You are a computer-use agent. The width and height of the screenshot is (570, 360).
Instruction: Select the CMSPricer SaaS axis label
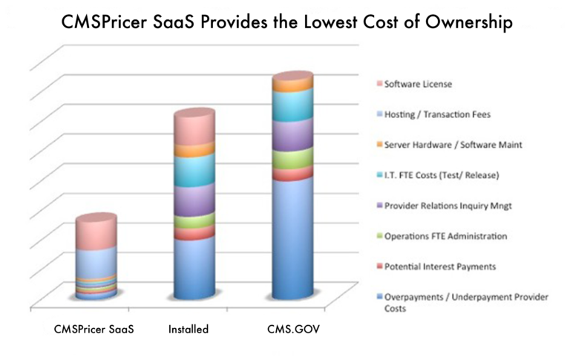point(94,328)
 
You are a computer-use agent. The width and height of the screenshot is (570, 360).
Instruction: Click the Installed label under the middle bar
point(188,328)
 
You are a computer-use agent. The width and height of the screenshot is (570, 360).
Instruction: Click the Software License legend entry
point(418,85)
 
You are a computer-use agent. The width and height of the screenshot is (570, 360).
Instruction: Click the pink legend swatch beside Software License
point(379,85)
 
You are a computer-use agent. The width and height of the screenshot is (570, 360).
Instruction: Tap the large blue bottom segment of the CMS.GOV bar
point(292,238)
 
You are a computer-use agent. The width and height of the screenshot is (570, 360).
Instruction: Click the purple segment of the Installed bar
point(194,200)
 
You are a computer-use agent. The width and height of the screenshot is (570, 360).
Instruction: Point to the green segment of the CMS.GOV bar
point(292,159)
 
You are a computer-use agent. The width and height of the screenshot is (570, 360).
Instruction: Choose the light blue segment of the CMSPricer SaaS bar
point(96,262)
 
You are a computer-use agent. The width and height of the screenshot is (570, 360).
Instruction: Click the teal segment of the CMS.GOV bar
point(292,107)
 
